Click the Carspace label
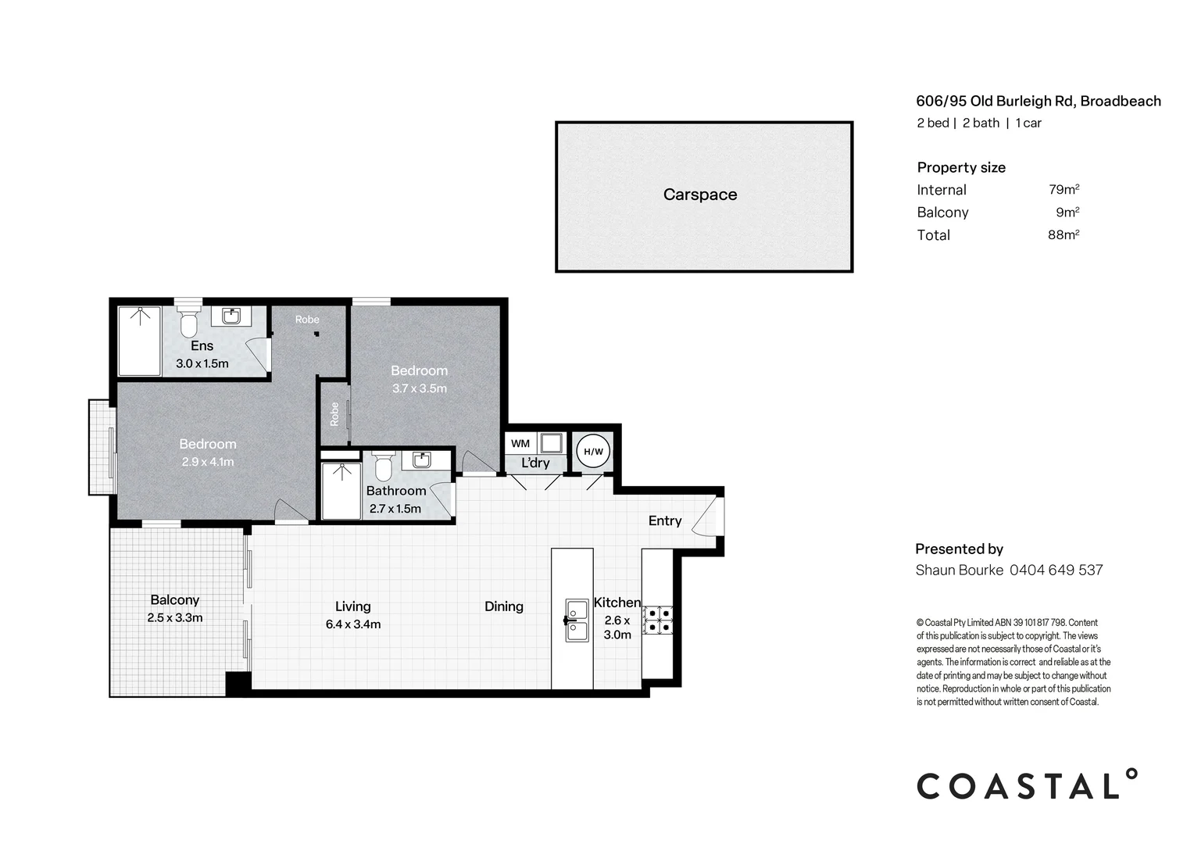point(699,195)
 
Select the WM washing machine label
point(520,443)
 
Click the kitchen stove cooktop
point(658,620)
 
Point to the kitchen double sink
point(577,620)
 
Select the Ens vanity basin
point(231,316)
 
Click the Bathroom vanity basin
point(422,460)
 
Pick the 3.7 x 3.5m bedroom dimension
point(420,388)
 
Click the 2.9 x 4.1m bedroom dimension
point(208,462)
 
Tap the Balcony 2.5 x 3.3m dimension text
point(175,618)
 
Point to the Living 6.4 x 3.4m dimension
point(353,624)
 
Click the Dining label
point(503,606)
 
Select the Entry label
point(665,521)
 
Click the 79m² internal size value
point(1064,189)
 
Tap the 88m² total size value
point(1063,234)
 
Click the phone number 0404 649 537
point(1056,570)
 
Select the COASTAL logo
point(1026,785)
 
